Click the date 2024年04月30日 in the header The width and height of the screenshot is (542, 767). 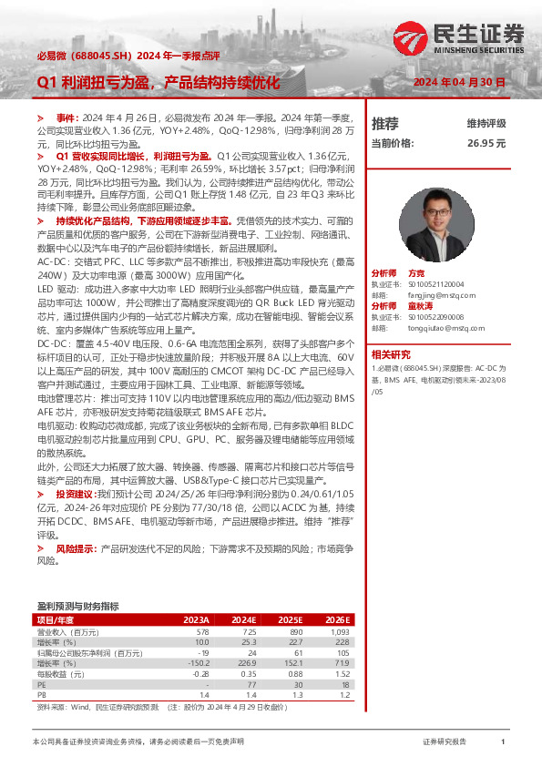(x=460, y=82)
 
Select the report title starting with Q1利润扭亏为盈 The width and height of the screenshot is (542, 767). (x=159, y=82)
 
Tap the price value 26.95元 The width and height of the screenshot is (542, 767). (x=486, y=143)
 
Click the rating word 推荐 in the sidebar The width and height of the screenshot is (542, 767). (x=385, y=123)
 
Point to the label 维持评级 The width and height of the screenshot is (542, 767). (x=486, y=123)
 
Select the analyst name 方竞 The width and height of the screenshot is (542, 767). (x=416, y=273)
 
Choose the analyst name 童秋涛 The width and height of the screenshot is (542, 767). (x=420, y=305)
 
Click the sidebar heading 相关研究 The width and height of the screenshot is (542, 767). (x=391, y=354)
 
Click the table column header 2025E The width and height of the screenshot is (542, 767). (x=291, y=619)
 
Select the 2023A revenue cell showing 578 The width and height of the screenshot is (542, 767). (x=202, y=631)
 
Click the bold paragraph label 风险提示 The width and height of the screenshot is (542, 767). (x=77, y=549)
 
